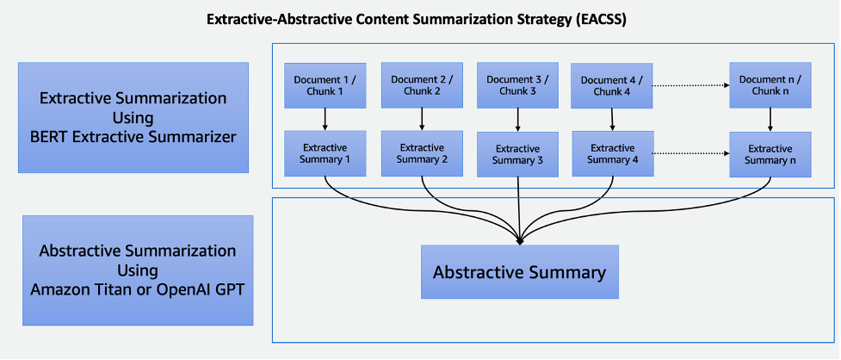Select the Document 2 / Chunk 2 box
tap(421, 84)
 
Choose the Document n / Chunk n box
tap(770, 85)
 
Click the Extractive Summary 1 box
tap(324, 153)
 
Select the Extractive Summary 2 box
tap(422, 153)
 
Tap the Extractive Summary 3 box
tap(517, 154)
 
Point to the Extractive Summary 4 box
tap(612, 153)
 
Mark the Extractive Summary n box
tap(770, 154)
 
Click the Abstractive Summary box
tap(519, 272)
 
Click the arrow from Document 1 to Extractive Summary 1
tap(325, 119)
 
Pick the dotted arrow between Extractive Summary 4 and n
tap(689, 153)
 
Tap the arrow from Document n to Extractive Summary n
tap(770, 120)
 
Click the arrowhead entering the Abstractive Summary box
tap(519, 240)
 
